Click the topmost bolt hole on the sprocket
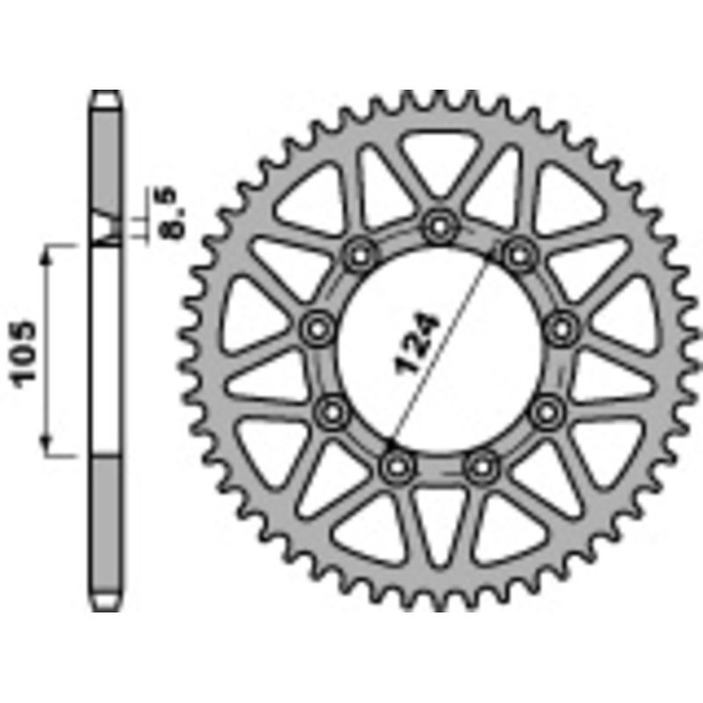437,225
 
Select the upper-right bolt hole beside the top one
520,253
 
